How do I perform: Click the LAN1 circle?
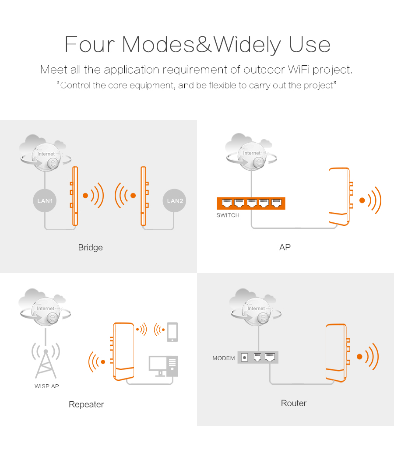click(45, 201)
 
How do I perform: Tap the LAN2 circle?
click(175, 201)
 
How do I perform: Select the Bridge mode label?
click(90, 247)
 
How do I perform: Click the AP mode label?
click(285, 247)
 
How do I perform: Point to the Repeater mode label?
click(86, 404)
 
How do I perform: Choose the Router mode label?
click(294, 403)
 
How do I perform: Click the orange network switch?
click(251, 203)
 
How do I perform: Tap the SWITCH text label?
click(228, 215)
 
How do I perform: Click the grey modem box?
click(258, 358)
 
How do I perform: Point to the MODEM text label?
click(224, 358)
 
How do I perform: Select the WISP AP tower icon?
click(46, 360)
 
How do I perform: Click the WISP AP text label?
click(47, 386)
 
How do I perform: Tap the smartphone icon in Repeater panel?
click(172, 332)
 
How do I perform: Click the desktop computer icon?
click(163, 366)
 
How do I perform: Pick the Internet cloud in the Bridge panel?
click(45, 153)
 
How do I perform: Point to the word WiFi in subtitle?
click(299, 70)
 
